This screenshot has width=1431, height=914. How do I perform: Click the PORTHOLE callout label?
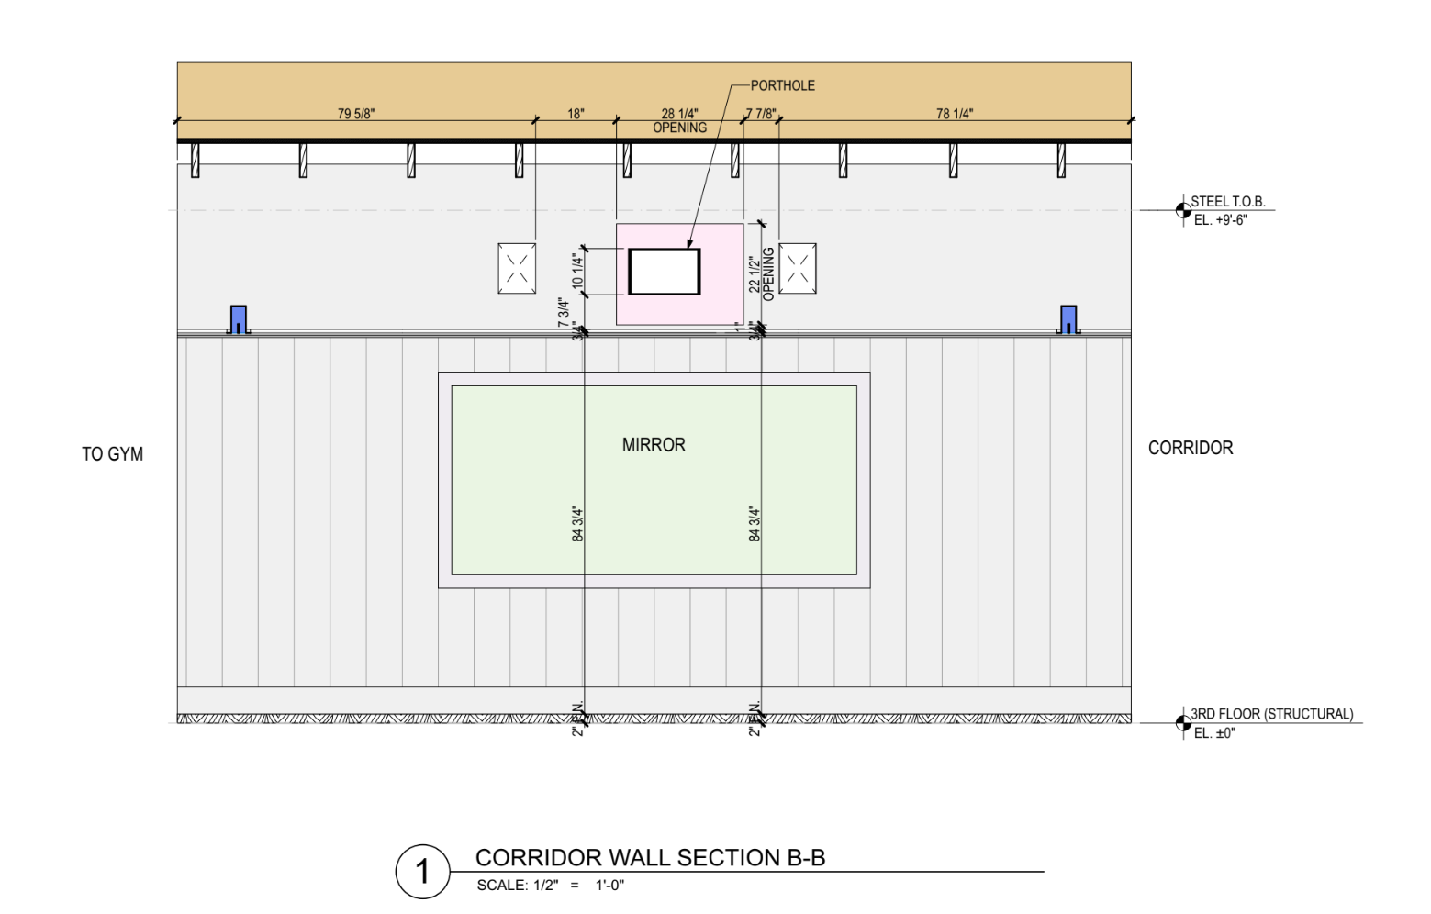coord(782,85)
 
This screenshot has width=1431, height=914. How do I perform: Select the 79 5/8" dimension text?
coord(356,114)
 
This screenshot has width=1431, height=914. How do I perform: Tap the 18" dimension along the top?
coord(576,114)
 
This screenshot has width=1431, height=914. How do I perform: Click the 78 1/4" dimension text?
coord(955,114)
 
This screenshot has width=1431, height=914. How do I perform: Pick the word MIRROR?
coord(654,445)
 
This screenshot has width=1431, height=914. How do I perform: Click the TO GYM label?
coord(112,454)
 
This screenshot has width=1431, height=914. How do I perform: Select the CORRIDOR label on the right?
coord(1191,448)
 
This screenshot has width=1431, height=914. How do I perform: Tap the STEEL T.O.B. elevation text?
coord(1227,202)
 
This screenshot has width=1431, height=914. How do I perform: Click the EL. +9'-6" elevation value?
coord(1220,220)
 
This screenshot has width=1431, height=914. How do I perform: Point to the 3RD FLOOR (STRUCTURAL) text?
coord(1271,714)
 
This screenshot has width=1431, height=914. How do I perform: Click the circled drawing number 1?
coord(422,871)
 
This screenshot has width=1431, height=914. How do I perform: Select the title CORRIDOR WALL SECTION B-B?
coord(650,858)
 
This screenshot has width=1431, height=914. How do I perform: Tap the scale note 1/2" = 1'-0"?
coord(550,886)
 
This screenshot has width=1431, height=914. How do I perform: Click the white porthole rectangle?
coord(664,272)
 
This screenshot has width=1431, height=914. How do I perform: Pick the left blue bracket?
coord(239,319)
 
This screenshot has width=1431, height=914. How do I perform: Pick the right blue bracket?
coord(1068,319)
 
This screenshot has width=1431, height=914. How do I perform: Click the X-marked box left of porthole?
coord(517,268)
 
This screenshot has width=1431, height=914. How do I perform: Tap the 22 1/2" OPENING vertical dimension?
coord(761,273)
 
